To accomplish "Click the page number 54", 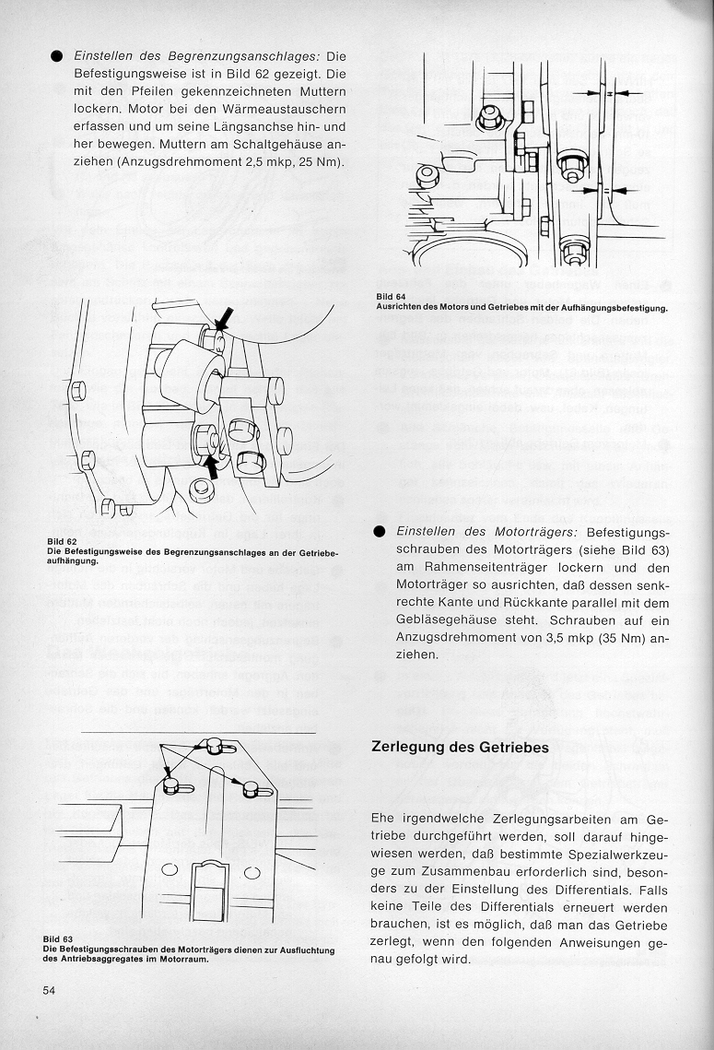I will click(50, 990).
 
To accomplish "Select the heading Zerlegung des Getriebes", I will click(461, 747).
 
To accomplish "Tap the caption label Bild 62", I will click(60, 541).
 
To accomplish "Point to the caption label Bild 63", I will click(59, 939).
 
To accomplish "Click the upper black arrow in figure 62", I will click(222, 319).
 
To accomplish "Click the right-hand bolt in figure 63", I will click(252, 788).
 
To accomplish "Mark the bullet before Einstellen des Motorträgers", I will click(380, 533).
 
